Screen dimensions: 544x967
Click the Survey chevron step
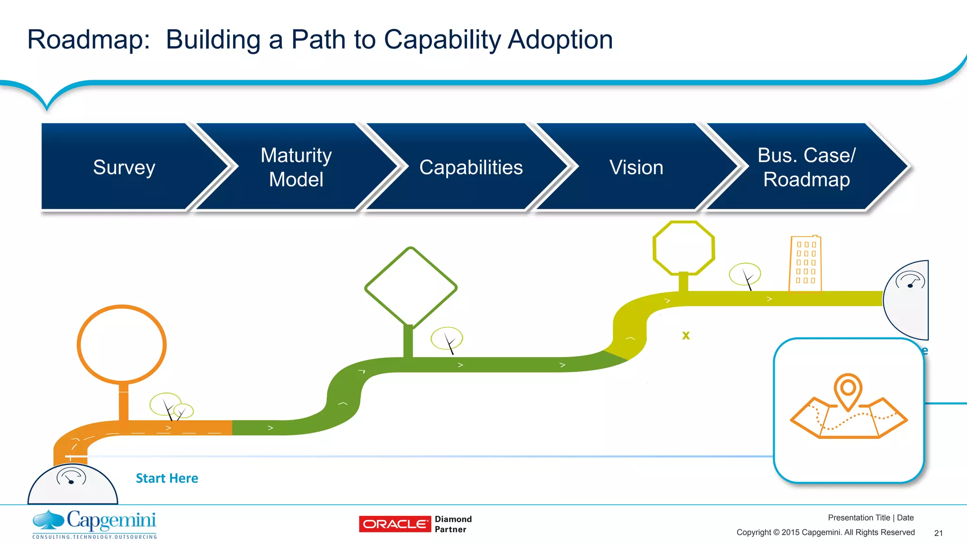pos(124,167)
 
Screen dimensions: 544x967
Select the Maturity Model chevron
pos(296,167)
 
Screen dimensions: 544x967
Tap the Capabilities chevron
pos(471,167)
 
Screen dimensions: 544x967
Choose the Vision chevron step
pos(636,167)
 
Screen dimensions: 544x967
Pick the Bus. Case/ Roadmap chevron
pos(806,167)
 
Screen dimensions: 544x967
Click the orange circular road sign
pos(122,344)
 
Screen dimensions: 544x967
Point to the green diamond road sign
pos(411,287)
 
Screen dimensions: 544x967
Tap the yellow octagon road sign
pos(683,248)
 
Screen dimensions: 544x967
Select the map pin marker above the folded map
pos(848,390)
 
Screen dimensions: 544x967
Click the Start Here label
pos(167,478)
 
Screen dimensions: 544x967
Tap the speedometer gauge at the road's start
pos(71,476)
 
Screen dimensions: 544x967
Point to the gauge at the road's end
pos(910,280)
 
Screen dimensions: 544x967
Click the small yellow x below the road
pos(686,335)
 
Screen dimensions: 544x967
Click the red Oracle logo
pos(395,524)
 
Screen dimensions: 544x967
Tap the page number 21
pos(938,533)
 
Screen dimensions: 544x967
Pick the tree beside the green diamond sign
pos(447,339)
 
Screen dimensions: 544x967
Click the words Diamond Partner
pos(453,524)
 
